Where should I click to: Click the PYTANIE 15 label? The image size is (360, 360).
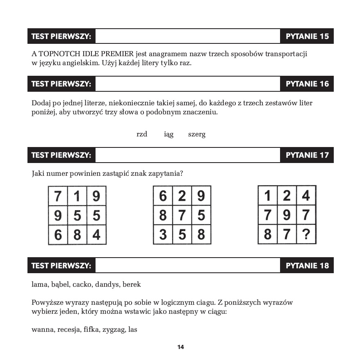[x=307, y=36]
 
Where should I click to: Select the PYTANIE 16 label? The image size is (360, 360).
[x=307, y=84]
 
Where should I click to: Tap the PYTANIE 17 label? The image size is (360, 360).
[x=307, y=155]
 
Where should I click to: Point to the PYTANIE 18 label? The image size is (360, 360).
[x=307, y=265]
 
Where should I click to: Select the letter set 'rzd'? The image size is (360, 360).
[x=142, y=134]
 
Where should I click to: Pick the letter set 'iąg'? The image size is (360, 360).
[x=169, y=135]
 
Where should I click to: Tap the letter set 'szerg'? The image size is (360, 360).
[x=197, y=135]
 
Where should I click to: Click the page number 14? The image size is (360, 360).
[x=180, y=347]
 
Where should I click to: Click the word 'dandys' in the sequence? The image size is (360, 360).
[x=108, y=284]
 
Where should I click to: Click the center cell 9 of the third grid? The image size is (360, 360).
[x=287, y=215]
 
